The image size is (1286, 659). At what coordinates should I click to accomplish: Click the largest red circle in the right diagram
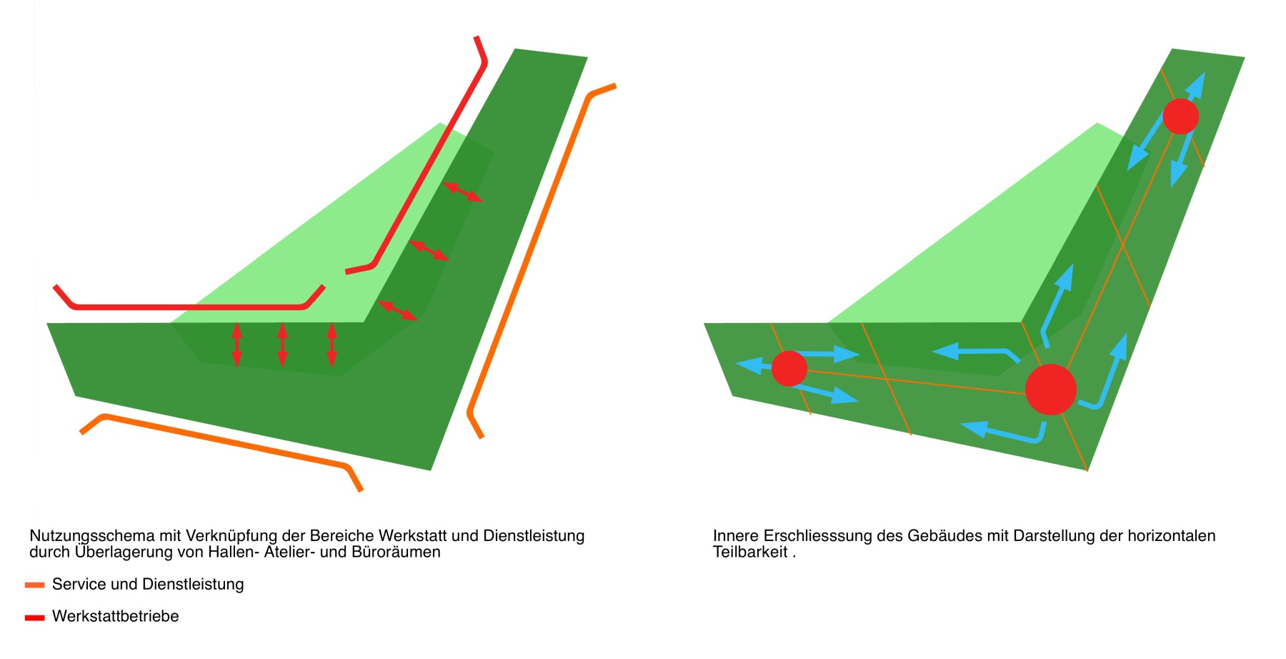[x=1050, y=390]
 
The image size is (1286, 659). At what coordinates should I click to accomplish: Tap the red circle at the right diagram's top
[x=1180, y=116]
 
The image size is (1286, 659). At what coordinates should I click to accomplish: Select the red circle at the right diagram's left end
[x=789, y=369]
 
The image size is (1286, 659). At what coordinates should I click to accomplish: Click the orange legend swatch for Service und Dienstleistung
[x=34, y=585]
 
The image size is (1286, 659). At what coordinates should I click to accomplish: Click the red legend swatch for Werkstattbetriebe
[x=34, y=618]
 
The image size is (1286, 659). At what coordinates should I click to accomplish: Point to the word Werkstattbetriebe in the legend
[x=115, y=616]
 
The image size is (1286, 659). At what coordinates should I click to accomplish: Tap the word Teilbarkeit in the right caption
[x=750, y=553]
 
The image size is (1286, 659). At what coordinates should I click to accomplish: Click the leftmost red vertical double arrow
[x=236, y=345]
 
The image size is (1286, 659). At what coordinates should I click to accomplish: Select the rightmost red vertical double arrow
[x=332, y=345]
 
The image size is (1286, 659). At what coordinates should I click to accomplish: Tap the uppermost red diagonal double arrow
[x=462, y=192]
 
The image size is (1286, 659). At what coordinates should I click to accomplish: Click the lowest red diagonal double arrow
[x=397, y=310]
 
